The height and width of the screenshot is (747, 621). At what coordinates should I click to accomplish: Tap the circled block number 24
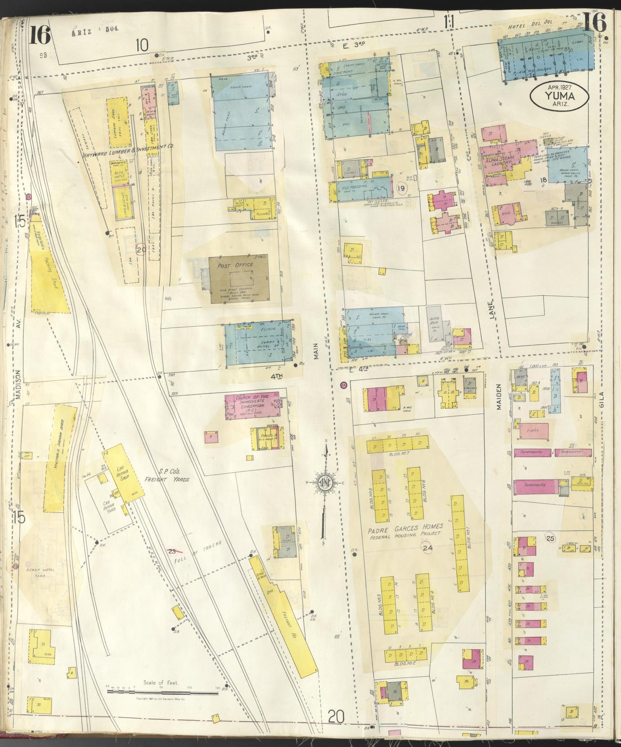pyautogui.click(x=427, y=547)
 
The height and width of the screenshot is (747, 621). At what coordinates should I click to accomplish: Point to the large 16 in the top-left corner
pyautogui.click(x=40, y=34)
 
